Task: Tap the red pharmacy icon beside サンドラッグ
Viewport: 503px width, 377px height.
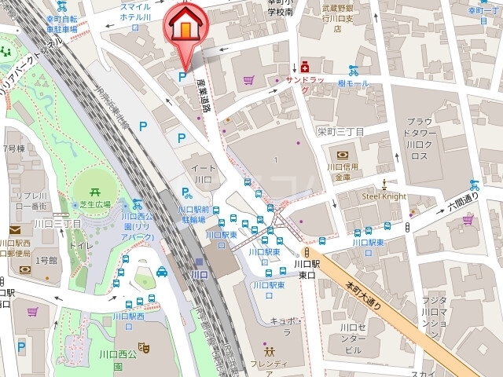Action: coord(304,68)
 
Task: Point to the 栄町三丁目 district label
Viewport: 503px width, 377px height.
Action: coord(340,131)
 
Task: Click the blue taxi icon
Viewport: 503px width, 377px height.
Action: coord(162,272)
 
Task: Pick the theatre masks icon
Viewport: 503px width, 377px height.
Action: coord(143,346)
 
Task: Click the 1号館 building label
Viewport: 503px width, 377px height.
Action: coord(46,259)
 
